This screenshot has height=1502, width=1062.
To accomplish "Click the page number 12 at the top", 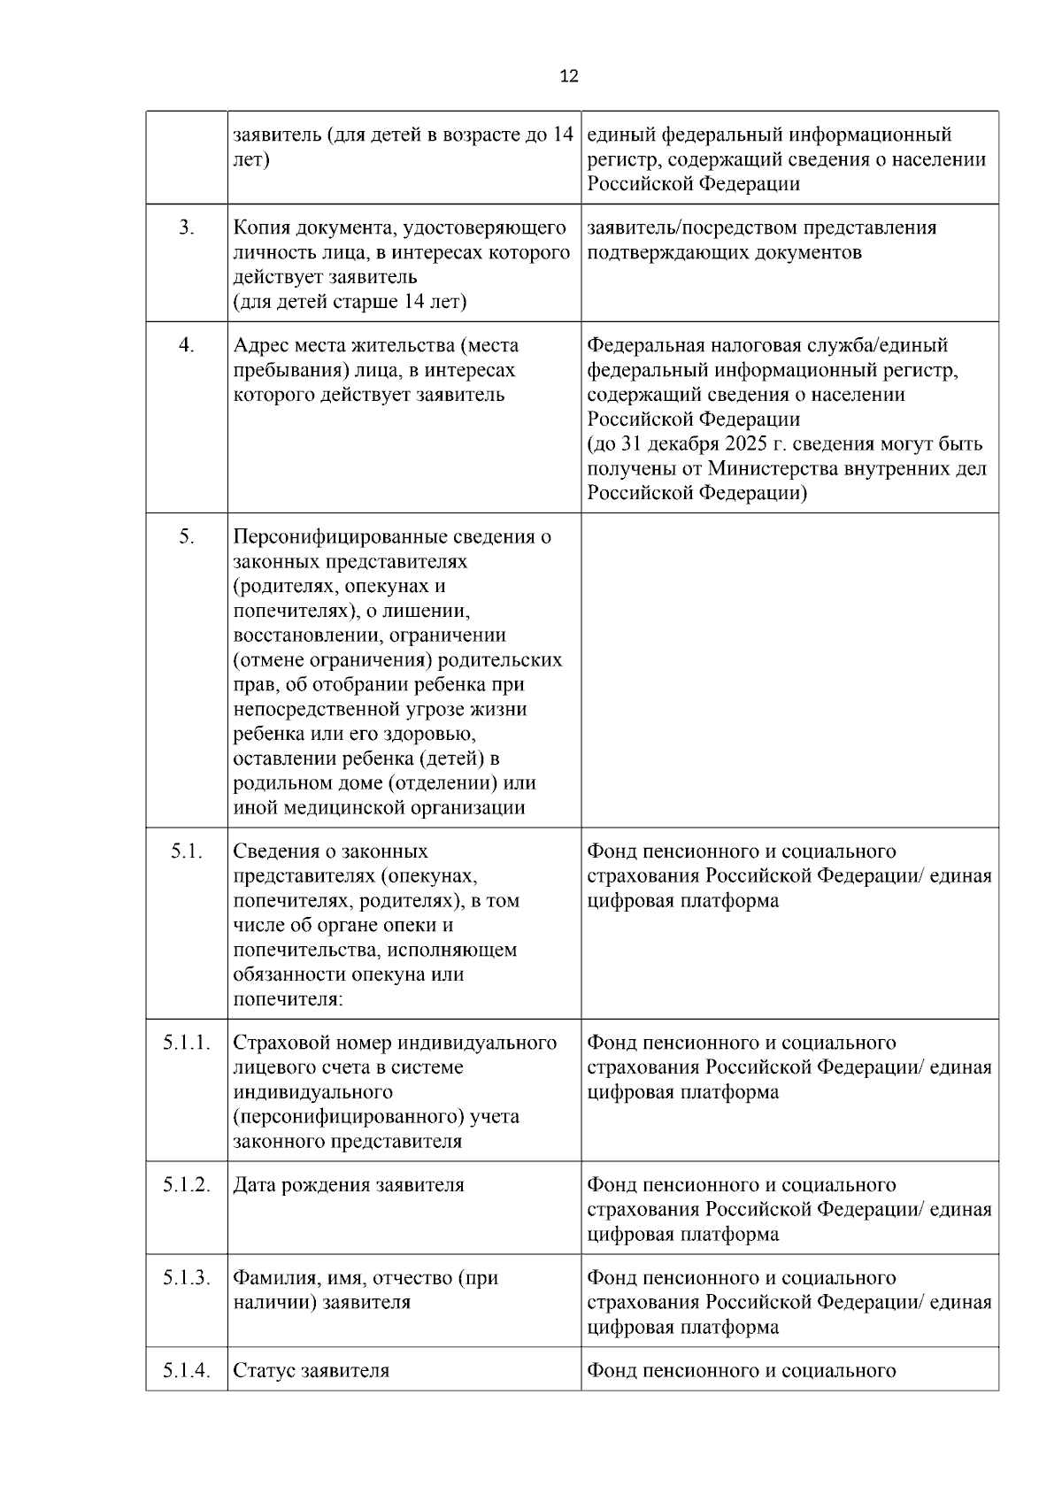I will coord(569,76).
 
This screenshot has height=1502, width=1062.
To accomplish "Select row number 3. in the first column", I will coord(186,227).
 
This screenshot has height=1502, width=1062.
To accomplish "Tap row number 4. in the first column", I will coord(186,345).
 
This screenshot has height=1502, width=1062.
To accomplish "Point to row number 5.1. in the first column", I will coord(187,851).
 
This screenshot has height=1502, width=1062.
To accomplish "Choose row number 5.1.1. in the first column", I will coord(187,1043).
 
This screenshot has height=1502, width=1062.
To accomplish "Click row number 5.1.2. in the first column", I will coord(187,1185).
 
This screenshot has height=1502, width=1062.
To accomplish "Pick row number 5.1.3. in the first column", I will coord(187,1278).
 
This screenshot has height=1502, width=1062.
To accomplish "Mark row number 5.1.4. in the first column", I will coord(187,1371).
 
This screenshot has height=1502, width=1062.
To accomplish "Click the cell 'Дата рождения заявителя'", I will coord(348,1185).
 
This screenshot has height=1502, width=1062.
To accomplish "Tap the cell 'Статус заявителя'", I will coord(311,1371).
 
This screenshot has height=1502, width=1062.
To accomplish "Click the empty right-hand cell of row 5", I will coord(789,670).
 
